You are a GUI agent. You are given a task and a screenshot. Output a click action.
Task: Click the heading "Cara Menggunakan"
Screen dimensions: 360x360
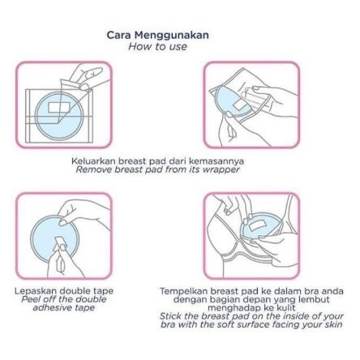(x=158, y=36)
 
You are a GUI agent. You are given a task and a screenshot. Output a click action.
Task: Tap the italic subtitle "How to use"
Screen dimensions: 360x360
(x=158, y=46)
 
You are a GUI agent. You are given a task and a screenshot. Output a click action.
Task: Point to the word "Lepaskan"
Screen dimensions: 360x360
(x=36, y=291)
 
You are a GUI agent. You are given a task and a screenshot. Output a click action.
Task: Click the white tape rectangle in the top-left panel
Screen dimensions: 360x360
(x=59, y=107)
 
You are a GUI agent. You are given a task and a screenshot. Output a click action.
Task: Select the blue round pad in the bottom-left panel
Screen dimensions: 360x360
(x=54, y=238)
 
